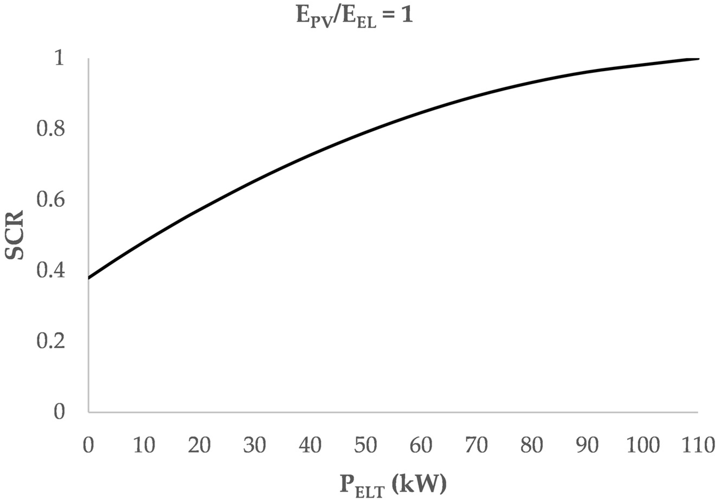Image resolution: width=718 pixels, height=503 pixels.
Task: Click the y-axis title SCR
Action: tap(15, 235)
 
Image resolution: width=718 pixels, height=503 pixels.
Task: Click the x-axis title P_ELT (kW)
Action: tap(393, 483)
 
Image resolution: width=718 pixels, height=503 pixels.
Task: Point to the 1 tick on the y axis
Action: tap(59, 59)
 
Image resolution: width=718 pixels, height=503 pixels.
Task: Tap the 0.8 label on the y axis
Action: tap(51, 129)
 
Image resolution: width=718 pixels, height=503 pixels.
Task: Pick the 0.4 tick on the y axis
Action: tap(51, 270)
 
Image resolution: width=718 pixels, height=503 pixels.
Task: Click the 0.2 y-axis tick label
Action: tap(51, 341)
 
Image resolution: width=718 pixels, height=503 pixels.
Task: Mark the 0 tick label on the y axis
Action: tap(59, 412)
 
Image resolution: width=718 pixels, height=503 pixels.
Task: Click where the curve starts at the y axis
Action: tap(89, 278)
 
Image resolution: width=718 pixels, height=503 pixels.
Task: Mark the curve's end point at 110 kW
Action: tap(698, 59)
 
